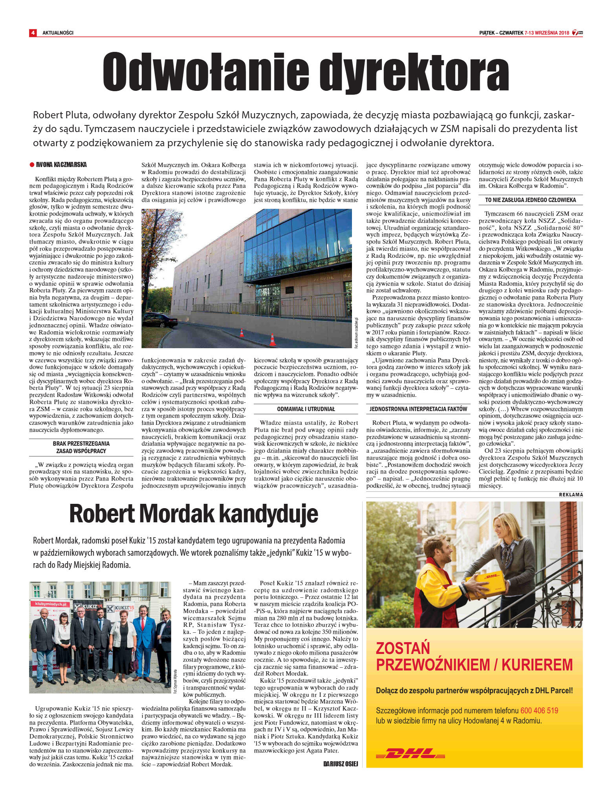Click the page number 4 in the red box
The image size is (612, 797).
pyautogui.click(x=33, y=33)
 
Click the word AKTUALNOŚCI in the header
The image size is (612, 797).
pyautogui.click(x=58, y=33)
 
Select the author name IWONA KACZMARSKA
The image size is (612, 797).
pyautogui.click(x=61, y=165)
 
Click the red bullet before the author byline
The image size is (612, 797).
pyautogui.click(x=32, y=165)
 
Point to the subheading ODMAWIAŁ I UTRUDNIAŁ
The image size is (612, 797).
pyautogui.click(x=306, y=409)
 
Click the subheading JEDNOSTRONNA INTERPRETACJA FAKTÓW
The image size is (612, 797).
pyautogui.click(x=418, y=409)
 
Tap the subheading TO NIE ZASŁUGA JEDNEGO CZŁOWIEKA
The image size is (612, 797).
pyautogui.click(x=530, y=200)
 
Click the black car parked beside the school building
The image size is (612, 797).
pyautogui.click(x=159, y=321)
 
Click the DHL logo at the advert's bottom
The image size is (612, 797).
pyautogui.click(x=410, y=753)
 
